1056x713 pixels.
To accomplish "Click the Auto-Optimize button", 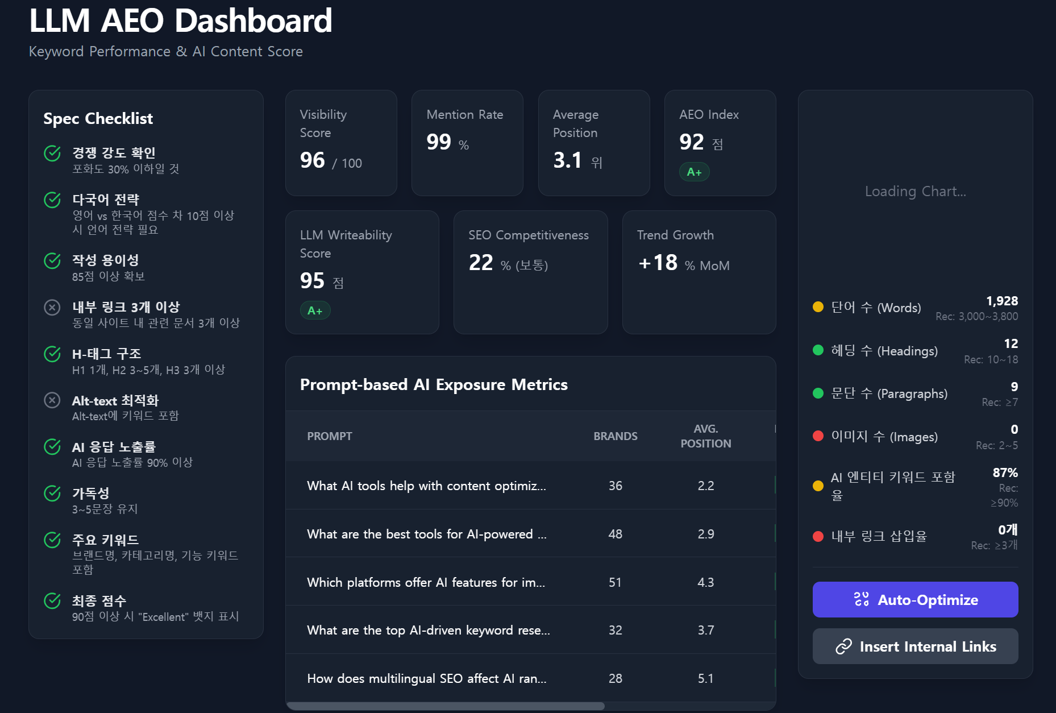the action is [x=915, y=599].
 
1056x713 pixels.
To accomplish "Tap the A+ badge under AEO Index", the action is [x=694, y=172].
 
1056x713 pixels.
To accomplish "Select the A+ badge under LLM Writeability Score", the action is [x=315, y=310].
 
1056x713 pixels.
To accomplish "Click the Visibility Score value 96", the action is [x=313, y=160].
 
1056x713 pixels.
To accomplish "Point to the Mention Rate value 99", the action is [x=439, y=142].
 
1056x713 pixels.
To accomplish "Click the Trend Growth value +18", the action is [x=658, y=263].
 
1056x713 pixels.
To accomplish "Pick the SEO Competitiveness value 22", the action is [x=481, y=263].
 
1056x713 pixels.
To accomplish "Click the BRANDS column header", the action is [x=616, y=436].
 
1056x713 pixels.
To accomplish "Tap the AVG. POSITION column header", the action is [x=706, y=436].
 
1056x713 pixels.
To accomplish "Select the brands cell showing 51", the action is [x=615, y=582].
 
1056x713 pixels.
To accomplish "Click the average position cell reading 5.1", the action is [x=705, y=678].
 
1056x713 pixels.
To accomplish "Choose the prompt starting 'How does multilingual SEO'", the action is [x=426, y=678].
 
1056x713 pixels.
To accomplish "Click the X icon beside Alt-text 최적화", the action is [x=52, y=400].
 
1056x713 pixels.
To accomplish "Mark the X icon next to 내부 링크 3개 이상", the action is [x=52, y=308].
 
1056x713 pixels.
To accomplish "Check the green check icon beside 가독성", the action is [x=52, y=493].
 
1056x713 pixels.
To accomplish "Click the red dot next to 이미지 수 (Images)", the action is [x=818, y=436].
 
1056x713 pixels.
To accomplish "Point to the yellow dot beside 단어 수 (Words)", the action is [x=818, y=307].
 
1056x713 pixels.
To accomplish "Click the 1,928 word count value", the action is [x=1002, y=301].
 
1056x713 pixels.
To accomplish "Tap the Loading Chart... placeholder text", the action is [x=915, y=191].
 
